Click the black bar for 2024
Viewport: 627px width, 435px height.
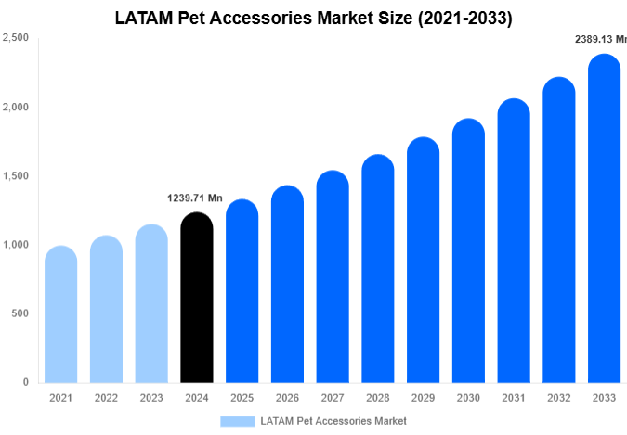tap(196, 298)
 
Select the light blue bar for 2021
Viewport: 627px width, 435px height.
tap(60, 314)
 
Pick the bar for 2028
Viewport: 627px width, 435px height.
tap(378, 269)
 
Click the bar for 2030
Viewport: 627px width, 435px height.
tap(469, 251)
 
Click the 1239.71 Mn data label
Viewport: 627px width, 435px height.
tap(195, 198)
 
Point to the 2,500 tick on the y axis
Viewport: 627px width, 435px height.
tap(15, 38)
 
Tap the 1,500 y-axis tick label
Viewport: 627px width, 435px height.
tap(15, 176)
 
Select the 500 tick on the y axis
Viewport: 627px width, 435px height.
tap(20, 313)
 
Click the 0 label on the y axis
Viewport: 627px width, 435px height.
tap(25, 382)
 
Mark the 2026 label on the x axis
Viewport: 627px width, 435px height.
tap(287, 398)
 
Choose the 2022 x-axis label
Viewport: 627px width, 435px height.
tap(106, 398)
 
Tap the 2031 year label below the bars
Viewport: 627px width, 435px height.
tap(514, 398)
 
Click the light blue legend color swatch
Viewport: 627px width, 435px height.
tap(237, 421)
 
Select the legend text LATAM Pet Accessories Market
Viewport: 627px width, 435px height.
tap(333, 421)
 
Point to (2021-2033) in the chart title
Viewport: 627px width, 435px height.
tap(461, 18)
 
